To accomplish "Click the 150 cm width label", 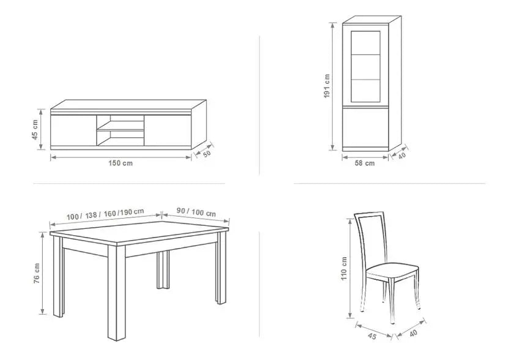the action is (121, 163).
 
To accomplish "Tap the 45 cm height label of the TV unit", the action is (35, 129).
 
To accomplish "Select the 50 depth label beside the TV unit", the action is (207, 154).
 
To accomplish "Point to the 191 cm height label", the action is (327, 86).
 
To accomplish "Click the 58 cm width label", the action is (365, 163).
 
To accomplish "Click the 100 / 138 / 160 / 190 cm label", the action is (105, 214).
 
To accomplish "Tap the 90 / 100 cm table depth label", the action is (196, 212).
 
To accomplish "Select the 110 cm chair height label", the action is (344, 268).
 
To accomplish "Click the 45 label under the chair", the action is (372, 336).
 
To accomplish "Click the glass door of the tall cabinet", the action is (365, 67).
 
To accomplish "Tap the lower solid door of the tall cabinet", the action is (365, 128).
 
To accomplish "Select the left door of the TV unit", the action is (74, 130).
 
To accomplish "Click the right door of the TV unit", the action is (168, 130).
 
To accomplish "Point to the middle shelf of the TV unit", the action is (121, 130).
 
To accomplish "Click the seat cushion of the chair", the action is (392, 272).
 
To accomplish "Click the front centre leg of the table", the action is (117, 293).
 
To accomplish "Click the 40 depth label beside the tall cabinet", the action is (401, 156).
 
